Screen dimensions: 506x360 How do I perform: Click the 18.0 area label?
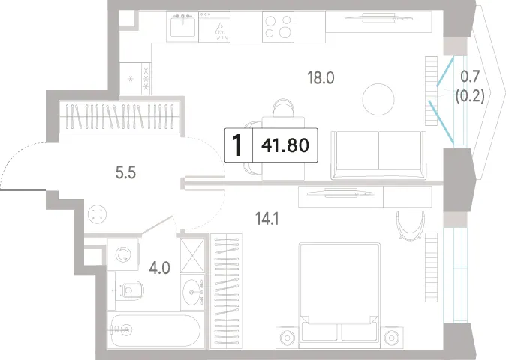point(321,78)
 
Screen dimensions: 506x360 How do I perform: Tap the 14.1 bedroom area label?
point(267,219)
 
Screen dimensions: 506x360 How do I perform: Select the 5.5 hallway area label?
point(125,173)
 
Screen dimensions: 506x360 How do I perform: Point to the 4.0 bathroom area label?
point(159,268)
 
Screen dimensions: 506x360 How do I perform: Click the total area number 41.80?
point(285,145)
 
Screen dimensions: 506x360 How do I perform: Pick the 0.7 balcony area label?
point(470,76)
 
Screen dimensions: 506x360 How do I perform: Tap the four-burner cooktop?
point(278,27)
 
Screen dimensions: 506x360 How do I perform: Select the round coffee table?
point(378,99)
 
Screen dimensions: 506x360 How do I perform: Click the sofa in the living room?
point(378,155)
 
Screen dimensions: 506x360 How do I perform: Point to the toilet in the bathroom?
point(129,290)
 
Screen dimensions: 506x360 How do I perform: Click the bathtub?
point(155,330)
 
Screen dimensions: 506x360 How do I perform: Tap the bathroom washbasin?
point(192,292)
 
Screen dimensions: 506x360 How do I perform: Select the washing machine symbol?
point(122,254)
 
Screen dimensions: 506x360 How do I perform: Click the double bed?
point(339,295)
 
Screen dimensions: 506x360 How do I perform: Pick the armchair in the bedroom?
point(410,225)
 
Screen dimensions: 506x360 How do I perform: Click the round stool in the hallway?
point(97,214)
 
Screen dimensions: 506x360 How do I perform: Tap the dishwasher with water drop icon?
point(214,27)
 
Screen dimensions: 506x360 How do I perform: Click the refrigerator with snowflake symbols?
point(135,79)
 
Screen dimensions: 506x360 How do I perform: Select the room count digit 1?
point(237,145)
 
